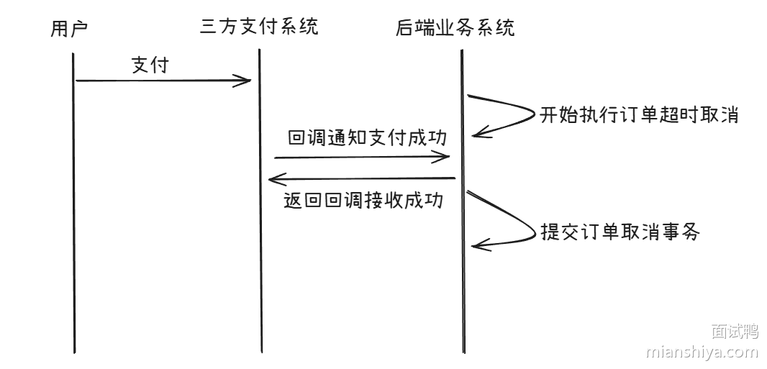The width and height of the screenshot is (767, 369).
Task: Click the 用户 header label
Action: pyautogui.click(x=69, y=29)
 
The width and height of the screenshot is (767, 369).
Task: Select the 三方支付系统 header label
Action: pyautogui.click(x=259, y=27)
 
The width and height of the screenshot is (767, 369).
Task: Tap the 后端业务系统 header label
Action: pyautogui.click(x=455, y=29)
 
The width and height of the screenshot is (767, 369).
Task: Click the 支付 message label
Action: pyautogui.click(x=150, y=65)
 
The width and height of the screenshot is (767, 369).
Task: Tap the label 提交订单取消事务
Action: pyautogui.click(x=619, y=232)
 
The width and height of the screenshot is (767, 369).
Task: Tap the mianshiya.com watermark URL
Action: pyautogui.click(x=702, y=352)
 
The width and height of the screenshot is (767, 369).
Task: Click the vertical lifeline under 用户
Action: pyautogui.click(x=74, y=216)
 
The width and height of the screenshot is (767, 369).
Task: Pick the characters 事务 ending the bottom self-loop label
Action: pyautogui.click(x=683, y=232)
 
